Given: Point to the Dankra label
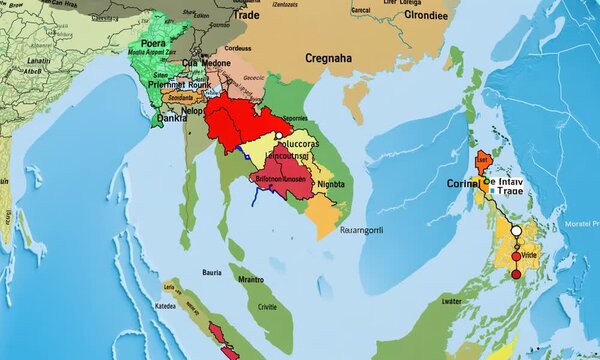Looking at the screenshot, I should [x=174, y=117].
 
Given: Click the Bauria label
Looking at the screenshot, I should [x=213, y=272].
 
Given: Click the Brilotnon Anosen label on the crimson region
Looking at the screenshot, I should [x=280, y=178].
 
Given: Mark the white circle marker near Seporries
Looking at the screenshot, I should [x=269, y=127].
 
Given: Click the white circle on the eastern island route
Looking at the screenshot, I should [x=517, y=231].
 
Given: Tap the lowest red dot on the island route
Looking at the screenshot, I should [x=516, y=273].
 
